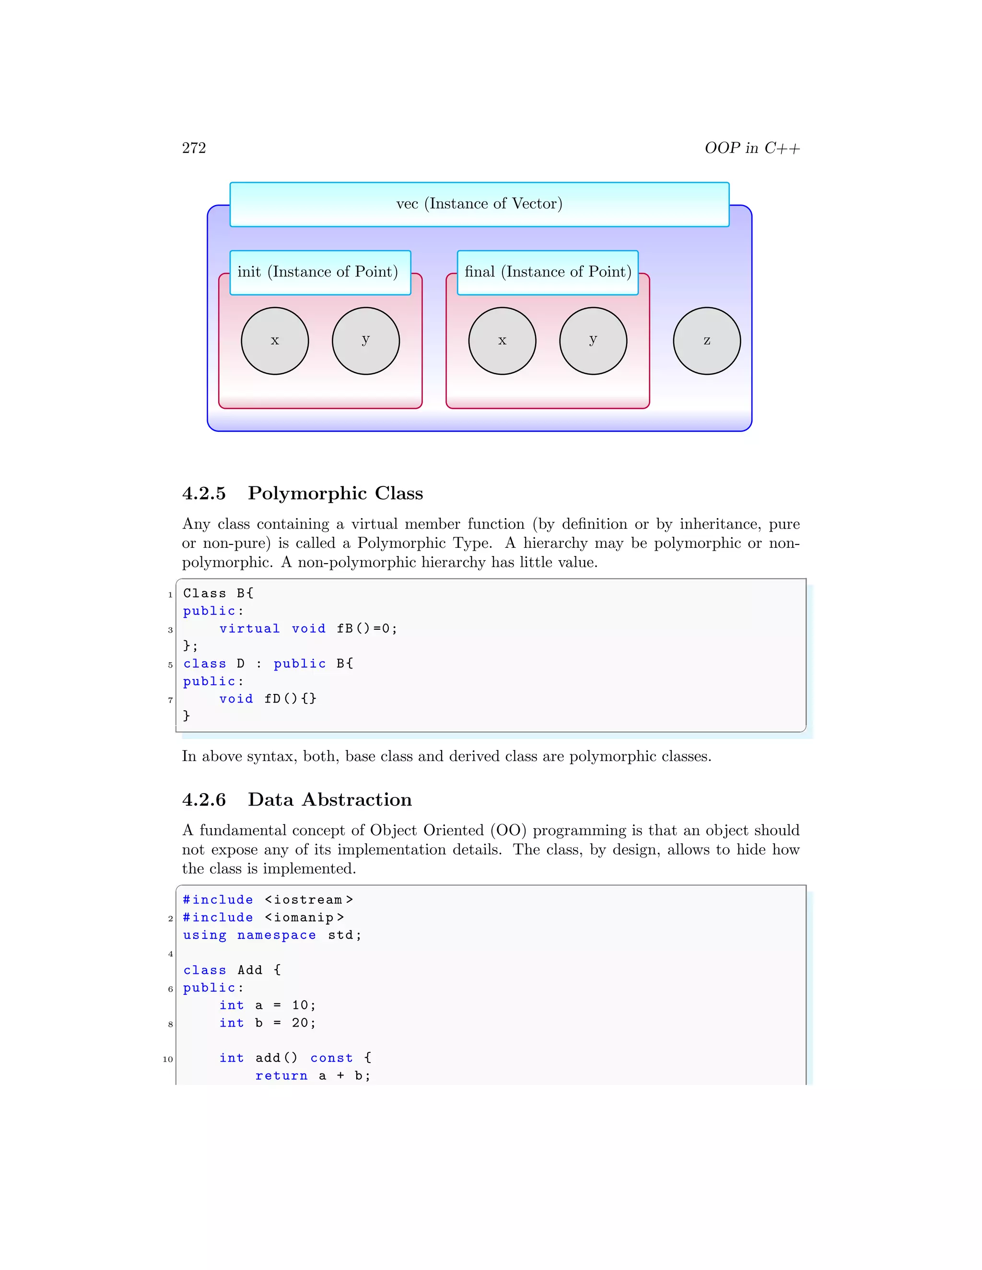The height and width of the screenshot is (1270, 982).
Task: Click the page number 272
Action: pos(194,148)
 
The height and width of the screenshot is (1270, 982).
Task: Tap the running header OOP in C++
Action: pos(752,148)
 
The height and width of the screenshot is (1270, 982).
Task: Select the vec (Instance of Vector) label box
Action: pos(479,204)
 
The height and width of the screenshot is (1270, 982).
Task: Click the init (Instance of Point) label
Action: pos(317,272)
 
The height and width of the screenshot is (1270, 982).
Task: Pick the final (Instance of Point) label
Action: pos(548,272)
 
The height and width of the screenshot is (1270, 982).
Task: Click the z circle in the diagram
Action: pos(706,341)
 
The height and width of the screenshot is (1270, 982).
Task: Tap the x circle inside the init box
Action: pos(275,341)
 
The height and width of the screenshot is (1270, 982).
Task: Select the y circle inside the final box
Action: pos(593,341)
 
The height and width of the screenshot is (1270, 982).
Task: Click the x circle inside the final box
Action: pos(502,341)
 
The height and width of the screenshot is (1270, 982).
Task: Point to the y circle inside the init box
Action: pos(365,341)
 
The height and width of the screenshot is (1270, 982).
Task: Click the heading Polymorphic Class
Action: pos(335,493)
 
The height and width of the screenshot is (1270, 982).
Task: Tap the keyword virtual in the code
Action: pos(249,629)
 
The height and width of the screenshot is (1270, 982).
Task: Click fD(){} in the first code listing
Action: pos(290,698)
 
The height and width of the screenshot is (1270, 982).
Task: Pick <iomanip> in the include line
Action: pos(304,918)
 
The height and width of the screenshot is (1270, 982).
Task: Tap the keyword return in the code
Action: pos(281,1076)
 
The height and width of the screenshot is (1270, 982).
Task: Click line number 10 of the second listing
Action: pos(168,1060)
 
